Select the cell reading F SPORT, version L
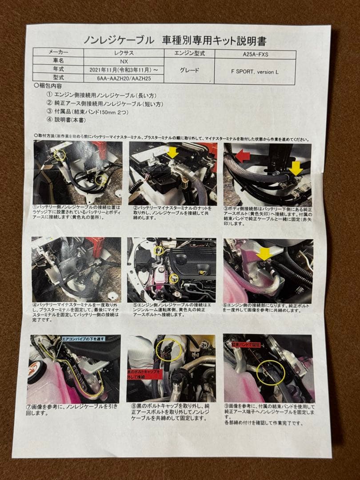click(x=255, y=72)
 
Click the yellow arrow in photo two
click(x=172, y=153)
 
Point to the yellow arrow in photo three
click(x=295, y=168)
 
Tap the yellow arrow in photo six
click(x=264, y=254)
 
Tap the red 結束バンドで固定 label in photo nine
click(x=245, y=344)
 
